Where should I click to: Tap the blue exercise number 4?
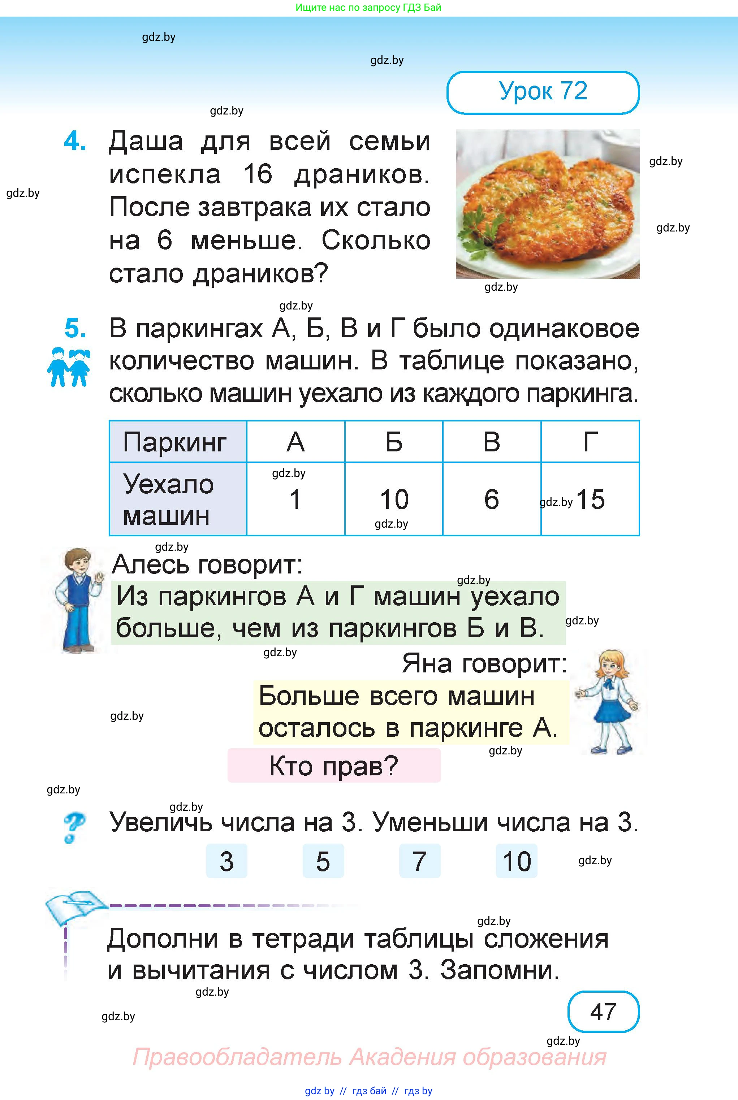[75, 141]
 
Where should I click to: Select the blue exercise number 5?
[75, 328]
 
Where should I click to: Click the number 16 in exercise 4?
[258, 174]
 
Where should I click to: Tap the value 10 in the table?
[394, 499]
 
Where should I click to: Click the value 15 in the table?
[590, 499]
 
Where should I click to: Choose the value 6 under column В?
[491, 499]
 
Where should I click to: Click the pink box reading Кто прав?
[334, 766]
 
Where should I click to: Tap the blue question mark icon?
[73, 828]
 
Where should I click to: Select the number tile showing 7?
[419, 861]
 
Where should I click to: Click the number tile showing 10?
[516, 861]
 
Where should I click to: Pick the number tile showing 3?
[226, 861]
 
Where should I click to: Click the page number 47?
[603, 1012]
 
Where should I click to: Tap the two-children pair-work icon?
[69, 367]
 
